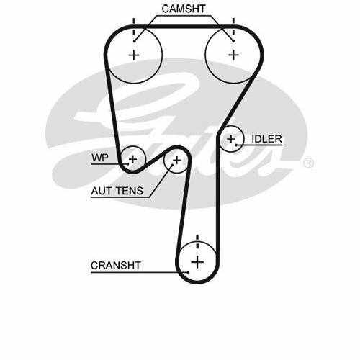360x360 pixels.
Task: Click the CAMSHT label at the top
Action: [x=184, y=9]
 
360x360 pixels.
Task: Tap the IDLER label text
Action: [x=266, y=139]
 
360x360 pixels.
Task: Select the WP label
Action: [x=100, y=158]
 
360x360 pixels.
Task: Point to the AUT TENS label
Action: [x=117, y=191]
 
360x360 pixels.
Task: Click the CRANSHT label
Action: [x=116, y=265]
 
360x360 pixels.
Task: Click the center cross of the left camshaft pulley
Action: [x=134, y=55]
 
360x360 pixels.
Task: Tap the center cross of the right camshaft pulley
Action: [x=233, y=55]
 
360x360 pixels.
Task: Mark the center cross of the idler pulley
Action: [x=231, y=139]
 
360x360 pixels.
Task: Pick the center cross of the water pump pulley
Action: [x=132, y=159]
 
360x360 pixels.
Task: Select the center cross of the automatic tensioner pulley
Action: [x=177, y=160]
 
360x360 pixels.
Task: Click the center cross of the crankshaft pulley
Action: [x=197, y=262]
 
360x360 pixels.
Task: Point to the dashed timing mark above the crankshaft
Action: [x=197, y=242]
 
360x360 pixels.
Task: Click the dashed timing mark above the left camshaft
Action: [x=134, y=27]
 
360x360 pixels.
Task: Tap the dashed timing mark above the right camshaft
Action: [x=233, y=27]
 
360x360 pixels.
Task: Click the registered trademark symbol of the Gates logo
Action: [x=308, y=163]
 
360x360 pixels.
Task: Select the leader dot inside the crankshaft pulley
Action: [x=188, y=272]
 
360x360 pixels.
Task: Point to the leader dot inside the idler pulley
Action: [x=236, y=145]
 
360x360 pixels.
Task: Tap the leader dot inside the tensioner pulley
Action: [x=172, y=165]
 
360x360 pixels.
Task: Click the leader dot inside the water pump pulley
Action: [x=128, y=164]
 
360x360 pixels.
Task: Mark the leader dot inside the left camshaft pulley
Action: [x=135, y=41]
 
